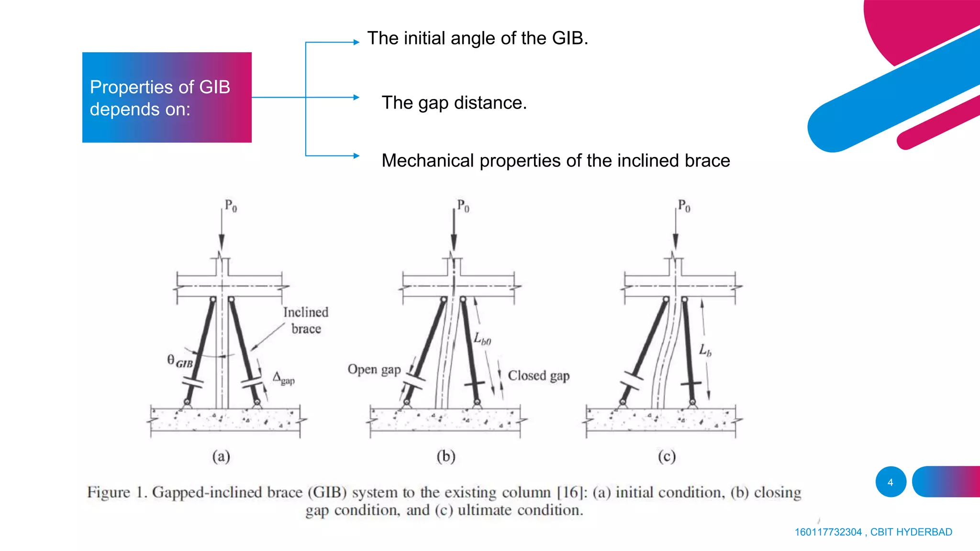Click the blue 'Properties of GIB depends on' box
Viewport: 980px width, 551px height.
point(167,97)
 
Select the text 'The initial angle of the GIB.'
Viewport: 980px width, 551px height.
point(477,38)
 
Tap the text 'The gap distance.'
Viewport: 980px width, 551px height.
point(454,103)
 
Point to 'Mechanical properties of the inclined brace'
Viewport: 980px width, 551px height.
point(556,161)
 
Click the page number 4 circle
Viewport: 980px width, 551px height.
point(890,482)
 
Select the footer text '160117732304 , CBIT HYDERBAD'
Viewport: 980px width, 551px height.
point(873,532)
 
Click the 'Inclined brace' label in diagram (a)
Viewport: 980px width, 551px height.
point(306,320)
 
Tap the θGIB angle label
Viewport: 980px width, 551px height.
point(180,361)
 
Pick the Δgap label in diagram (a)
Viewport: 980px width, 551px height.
point(284,378)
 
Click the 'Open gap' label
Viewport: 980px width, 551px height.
point(374,370)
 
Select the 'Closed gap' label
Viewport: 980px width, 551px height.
point(538,376)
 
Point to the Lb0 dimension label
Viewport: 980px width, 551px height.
point(482,339)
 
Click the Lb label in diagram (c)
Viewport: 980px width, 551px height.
point(705,350)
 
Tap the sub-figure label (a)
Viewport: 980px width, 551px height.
point(221,456)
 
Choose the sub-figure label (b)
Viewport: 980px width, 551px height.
point(445,456)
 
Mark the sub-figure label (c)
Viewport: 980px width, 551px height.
point(667,456)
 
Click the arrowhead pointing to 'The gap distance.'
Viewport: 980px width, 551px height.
point(356,98)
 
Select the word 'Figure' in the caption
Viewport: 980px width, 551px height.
point(108,492)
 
